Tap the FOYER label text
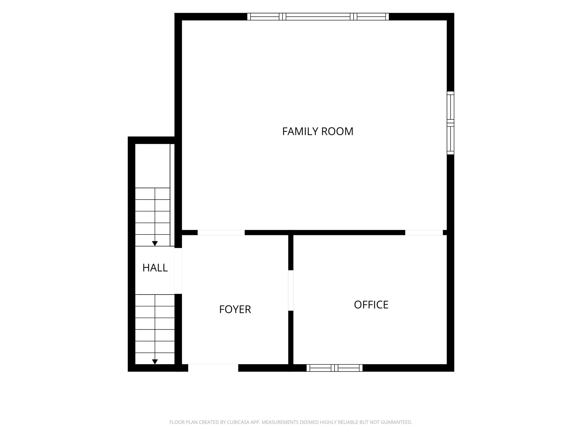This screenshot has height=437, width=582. pyautogui.click(x=235, y=309)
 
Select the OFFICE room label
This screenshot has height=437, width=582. pyautogui.click(x=371, y=305)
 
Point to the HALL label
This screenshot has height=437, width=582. pyautogui.click(x=155, y=268)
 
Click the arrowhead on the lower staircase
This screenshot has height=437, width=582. pyautogui.click(x=155, y=362)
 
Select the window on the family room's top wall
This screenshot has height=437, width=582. pyautogui.click(x=318, y=17)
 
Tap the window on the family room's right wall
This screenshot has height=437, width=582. pyautogui.click(x=450, y=123)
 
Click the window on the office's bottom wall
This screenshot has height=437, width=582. pyautogui.click(x=334, y=368)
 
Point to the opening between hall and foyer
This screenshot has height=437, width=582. pyautogui.click(x=178, y=271)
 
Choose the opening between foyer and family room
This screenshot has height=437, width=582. pyautogui.click(x=221, y=233)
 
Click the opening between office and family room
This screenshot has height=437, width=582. pyautogui.click(x=424, y=233)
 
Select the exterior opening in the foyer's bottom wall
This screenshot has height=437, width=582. pyautogui.click(x=213, y=368)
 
